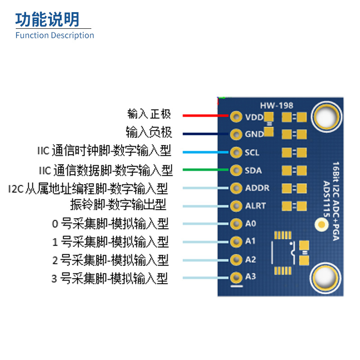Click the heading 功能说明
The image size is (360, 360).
[x=47, y=19]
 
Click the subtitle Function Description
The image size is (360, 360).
[x=54, y=36]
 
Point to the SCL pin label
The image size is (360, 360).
[x=252, y=153]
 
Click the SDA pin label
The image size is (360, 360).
[x=253, y=171]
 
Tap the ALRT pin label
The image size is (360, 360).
[x=256, y=206]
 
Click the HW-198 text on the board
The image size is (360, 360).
[x=276, y=105]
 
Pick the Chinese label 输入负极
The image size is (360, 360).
[x=149, y=132]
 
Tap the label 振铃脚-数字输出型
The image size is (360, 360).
[x=118, y=205]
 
